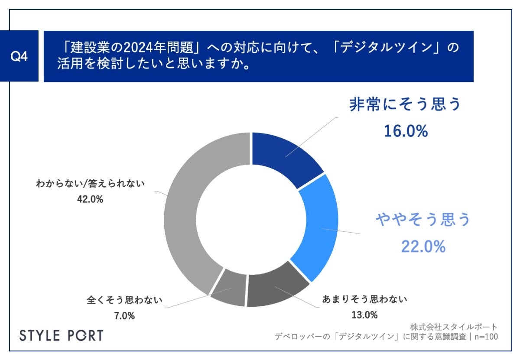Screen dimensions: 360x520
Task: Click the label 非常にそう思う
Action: click(405, 105)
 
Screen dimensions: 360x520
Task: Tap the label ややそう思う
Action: click(423, 220)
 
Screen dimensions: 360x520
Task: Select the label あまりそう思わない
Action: click(364, 299)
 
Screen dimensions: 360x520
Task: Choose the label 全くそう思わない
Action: click(124, 299)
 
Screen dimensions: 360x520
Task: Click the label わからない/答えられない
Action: click(90, 184)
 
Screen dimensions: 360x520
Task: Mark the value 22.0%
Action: click(423, 246)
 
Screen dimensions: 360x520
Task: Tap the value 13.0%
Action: click(364, 315)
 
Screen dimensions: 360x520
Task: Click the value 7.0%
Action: click(124, 315)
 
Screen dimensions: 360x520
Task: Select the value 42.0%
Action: click(90, 200)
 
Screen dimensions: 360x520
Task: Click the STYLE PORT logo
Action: click(62, 335)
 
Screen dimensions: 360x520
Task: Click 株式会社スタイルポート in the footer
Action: click(453, 327)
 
